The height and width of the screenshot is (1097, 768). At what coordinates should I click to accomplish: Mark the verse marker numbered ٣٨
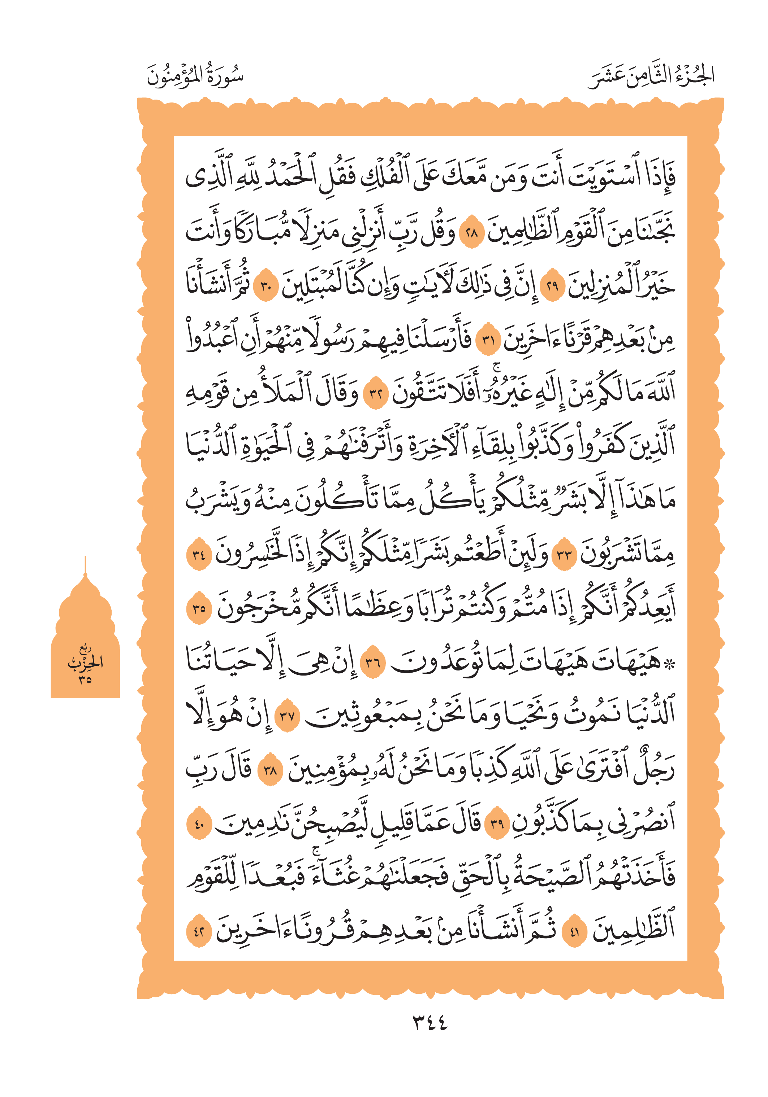coord(270,770)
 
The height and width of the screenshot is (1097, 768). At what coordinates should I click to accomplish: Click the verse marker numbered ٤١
coord(574,931)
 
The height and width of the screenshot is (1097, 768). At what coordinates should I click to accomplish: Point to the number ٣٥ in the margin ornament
coord(85,679)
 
